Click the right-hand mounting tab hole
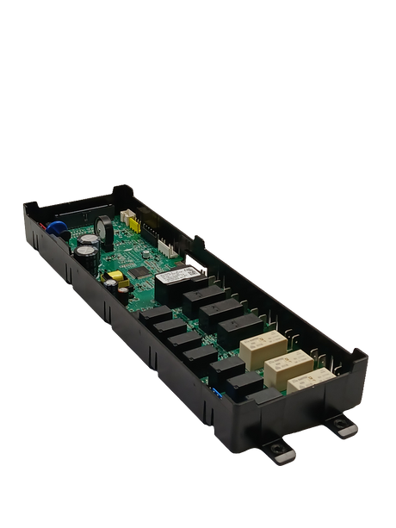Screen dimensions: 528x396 coord(344,424)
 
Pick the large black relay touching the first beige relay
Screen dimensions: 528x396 coord(238,328)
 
